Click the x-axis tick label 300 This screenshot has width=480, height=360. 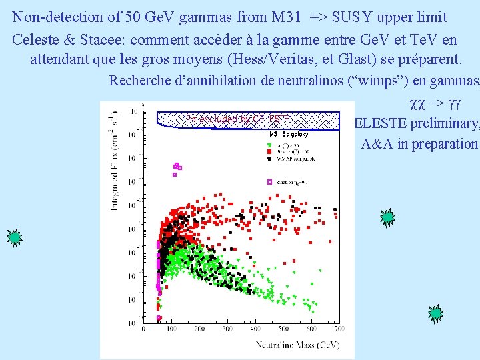point(227,329)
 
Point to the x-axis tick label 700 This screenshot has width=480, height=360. point(339,329)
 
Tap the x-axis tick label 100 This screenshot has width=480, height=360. point(171,329)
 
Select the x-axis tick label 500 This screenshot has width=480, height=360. point(283,329)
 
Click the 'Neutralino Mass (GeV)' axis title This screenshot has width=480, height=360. point(297,345)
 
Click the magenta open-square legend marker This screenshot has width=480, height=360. point(270,181)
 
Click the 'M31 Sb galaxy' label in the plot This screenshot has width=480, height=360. point(289,134)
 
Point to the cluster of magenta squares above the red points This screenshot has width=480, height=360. point(177,167)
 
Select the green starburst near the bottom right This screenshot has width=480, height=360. point(435,313)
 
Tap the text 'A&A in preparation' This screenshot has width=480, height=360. point(419,143)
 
